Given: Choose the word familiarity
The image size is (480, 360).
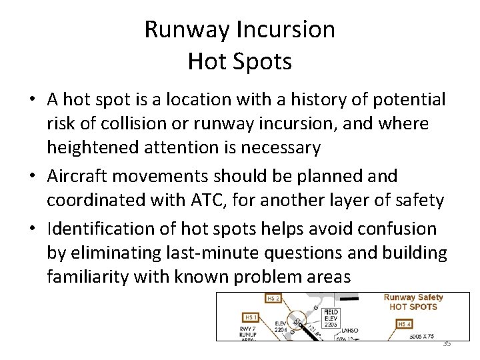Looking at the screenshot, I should (88, 277).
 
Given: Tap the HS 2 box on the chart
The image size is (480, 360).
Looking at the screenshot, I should (273, 299).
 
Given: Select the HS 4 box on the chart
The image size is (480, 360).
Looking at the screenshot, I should (405, 324).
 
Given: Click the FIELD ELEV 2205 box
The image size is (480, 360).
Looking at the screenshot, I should (331, 317).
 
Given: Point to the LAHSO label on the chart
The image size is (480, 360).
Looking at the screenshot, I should (350, 329).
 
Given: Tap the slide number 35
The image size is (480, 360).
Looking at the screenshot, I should (447, 343).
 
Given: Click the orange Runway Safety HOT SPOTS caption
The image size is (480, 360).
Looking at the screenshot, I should (413, 302).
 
